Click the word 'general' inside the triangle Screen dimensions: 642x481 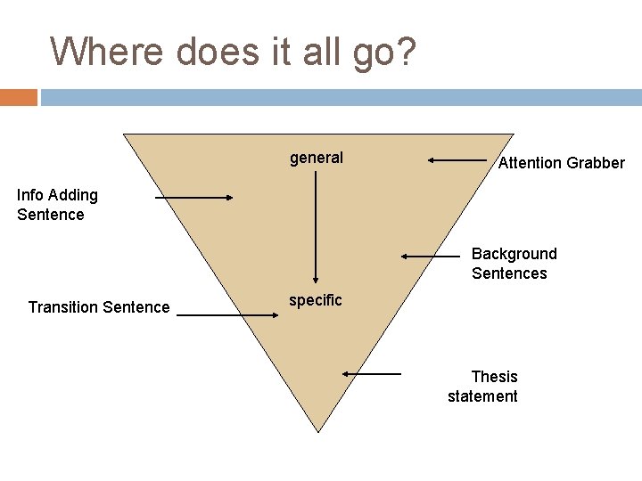pyautogui.click(x=316, y=159)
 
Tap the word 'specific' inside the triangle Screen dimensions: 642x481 pyautogui.click(x=315, y=300)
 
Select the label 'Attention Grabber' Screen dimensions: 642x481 pyautogui.click(x=561, y=163)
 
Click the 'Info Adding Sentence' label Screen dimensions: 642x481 pyautogui.click(x=57, y=205)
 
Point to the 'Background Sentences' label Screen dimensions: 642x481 pyautogui.click(x=513, y=264)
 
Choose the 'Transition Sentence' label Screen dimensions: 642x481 pyautogui.click(x=98, y=307)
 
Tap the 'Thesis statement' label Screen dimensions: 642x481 pyautogui.click(x=483, y=387)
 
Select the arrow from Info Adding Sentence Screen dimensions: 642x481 pyautogui.click(x=193, y=198)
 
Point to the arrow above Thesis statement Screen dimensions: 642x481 pyautogui.click(x=372, y=374)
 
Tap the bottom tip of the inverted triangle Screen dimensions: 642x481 pyautogui.click(x=318, y=431)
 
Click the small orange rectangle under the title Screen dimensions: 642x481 pyautogui.click(x=18, y=97)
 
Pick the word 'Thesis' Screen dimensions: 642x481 pyautogui.click(x=494, y=377)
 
